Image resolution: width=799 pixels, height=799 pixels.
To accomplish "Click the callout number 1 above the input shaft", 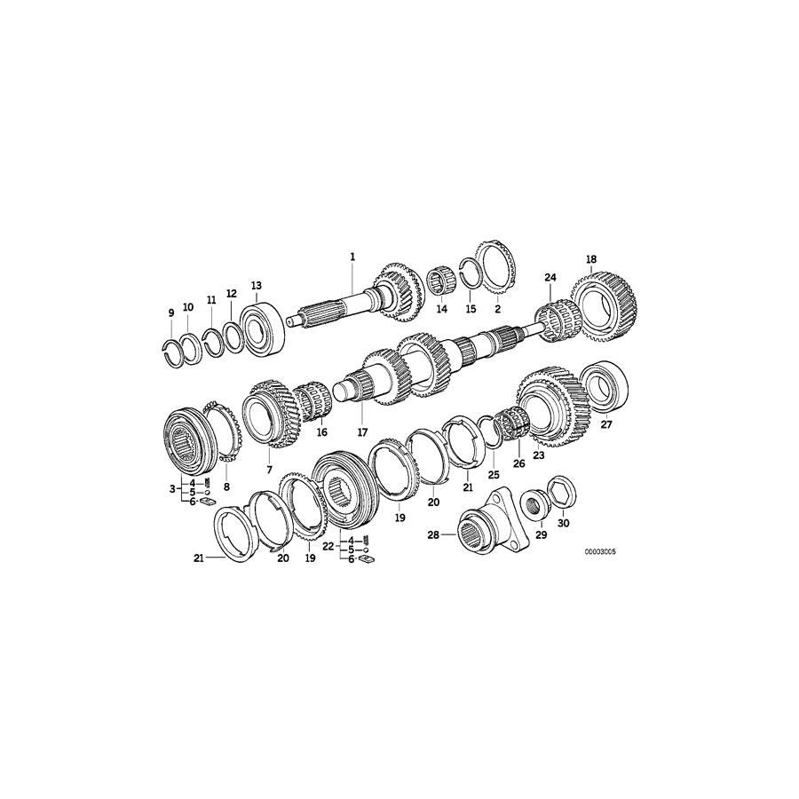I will pyautogui.click(x=352, y=257).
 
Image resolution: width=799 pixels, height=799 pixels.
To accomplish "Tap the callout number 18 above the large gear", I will pyautogui.click(x=591, y=259).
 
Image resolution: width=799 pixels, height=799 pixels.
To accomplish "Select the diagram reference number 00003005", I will pyautogui.click(x=599, y=551).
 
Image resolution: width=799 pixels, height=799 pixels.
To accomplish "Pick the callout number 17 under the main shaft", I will pyautogui.click(x=362, y=432).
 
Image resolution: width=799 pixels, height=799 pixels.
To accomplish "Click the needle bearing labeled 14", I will pyautogui.click(x=440, y=284).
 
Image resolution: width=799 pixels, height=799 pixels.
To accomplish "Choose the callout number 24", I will pyautogui.click(x=550, y=278).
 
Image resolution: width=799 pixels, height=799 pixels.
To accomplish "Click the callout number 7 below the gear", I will pyautogui.click(x=269, y=467).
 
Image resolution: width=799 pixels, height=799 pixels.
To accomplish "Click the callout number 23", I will pyautogui.click(x=538, y=455).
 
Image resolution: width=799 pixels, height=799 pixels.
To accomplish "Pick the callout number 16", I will pyautogui.click(x=321, y=432).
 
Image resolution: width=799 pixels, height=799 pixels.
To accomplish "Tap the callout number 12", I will pyautogui.click(x=231, y=293).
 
